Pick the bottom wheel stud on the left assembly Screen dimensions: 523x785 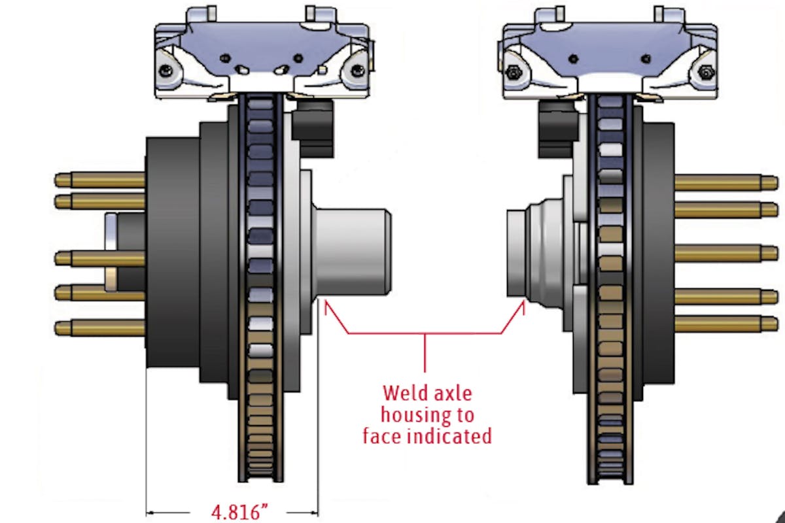[98, 327]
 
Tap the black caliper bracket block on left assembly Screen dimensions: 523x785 [313, 127]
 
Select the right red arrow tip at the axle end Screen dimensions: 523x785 [523, 302]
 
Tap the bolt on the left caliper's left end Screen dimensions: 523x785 [169, 69]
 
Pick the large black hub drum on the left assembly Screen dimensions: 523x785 [172, 261]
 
